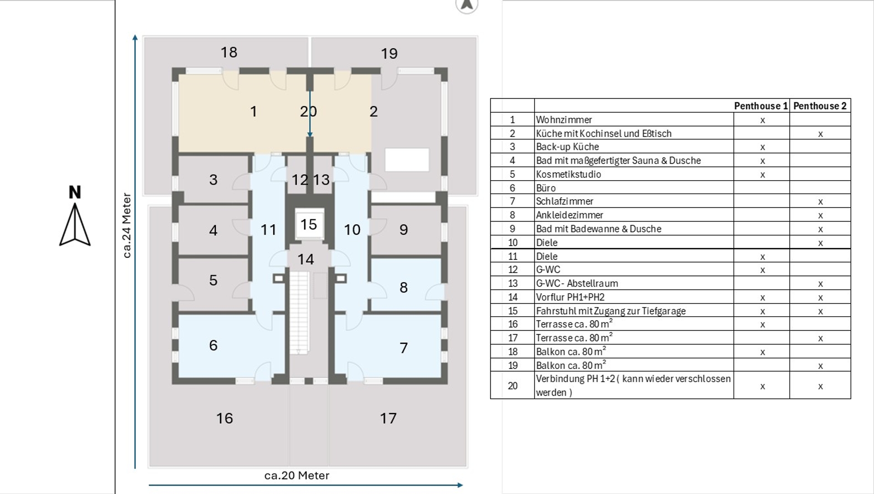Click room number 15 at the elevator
tap(309, 224)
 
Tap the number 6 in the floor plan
tap(213, 345)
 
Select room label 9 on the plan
tap(403, 230)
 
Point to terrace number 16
tap(224, 418)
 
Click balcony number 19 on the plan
tap(389, 54)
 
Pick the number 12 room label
tap(300, 180)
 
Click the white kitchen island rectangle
tap(407, 160)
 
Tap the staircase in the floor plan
tap(300, 313)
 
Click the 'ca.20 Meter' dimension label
tap(297, 475)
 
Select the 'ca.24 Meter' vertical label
tap(127, 226)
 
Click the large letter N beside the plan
tap(75, 192)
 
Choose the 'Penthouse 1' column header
tap(761, 106)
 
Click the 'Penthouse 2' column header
tap(820, 106)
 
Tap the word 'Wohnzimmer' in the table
tap(564, 120)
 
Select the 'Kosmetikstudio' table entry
tap(569, 174)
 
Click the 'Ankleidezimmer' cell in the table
tap(569, 215)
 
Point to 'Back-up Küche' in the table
tap(567, 147)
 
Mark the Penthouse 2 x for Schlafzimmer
tap(820, 202)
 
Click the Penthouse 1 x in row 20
tap(762, 387)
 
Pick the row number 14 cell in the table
tap(513, 297)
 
